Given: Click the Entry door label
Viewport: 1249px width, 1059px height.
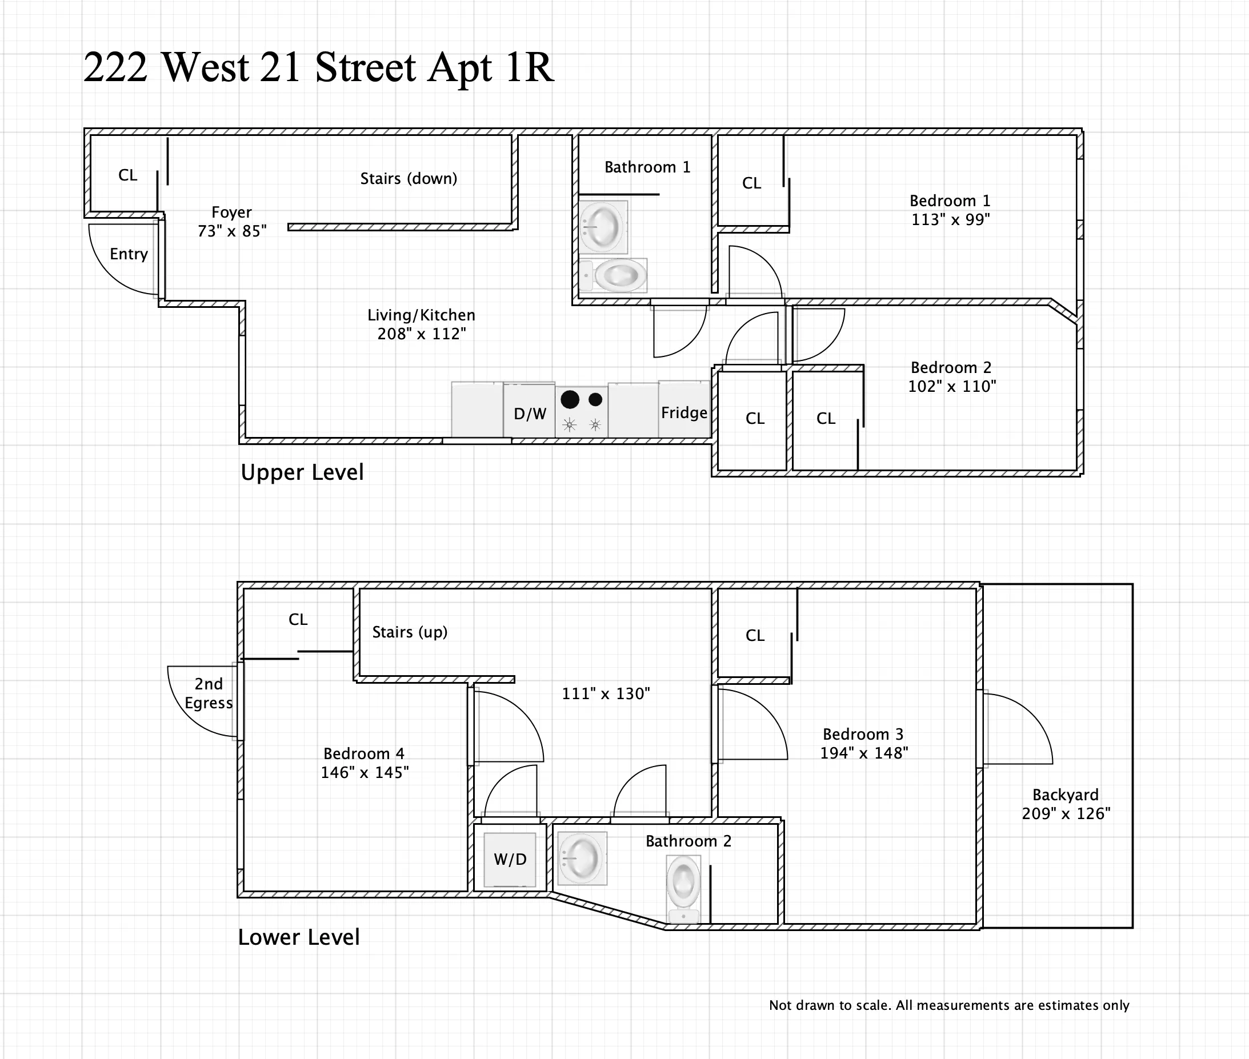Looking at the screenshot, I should (129, 254).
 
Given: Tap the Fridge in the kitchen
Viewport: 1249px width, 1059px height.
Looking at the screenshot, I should (684, 412).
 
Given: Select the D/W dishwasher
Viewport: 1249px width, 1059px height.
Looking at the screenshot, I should (530, 413).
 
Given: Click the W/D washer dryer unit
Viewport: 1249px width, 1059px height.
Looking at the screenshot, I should (510, 859).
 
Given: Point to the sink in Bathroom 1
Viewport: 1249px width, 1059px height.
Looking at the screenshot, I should (603, 227).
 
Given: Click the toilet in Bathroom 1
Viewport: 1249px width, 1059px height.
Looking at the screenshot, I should (618, 276).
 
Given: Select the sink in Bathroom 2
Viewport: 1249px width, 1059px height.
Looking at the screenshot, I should (581, 859).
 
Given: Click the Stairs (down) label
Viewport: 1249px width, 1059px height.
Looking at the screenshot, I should (409, 178).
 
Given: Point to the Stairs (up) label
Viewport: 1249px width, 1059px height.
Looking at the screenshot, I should (410, 632).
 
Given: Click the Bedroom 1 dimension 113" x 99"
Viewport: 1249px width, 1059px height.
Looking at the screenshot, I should (950, 220).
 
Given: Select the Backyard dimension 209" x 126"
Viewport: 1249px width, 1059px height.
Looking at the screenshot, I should (1066, 813).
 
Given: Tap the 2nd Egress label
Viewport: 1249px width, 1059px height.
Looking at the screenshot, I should (208, 693).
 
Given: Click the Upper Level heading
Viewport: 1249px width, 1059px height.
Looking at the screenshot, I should (302, 472).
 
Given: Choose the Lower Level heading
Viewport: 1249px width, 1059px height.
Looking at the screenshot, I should (298, 937).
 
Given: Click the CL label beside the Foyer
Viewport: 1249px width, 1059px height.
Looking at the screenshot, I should (127, 175).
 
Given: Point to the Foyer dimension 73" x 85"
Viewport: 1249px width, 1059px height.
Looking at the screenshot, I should (232, 231).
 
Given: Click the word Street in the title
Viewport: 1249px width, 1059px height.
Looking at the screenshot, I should (365, 67).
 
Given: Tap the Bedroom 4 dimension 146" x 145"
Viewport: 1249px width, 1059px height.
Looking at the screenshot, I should (365, 772).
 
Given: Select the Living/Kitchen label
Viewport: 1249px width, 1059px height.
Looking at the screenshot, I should (421, 315).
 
